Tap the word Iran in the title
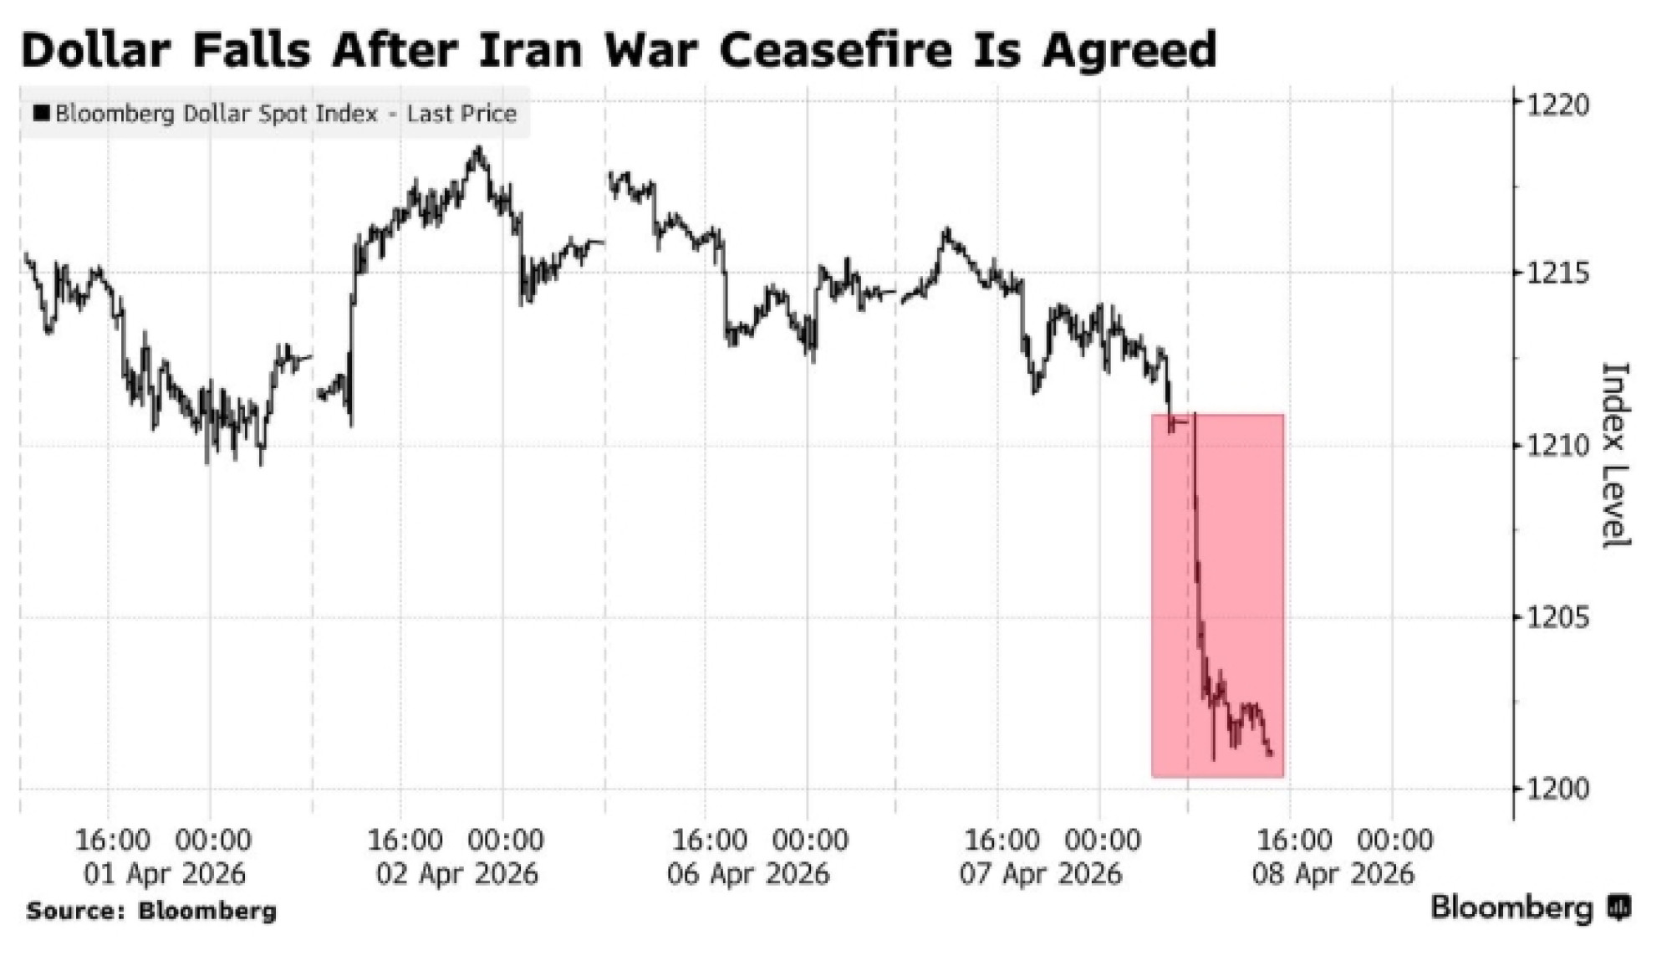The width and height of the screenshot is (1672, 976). [530, 49]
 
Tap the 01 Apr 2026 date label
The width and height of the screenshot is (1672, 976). [165, 874]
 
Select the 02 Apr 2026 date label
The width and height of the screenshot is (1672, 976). [456, 874]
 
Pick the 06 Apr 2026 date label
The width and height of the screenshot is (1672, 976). [748, 874]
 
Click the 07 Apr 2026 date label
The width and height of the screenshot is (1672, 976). [1040, 874]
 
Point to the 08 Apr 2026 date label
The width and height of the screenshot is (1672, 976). [1333, 874]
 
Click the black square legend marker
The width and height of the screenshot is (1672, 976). [41, 113]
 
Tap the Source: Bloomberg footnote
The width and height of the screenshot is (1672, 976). [151, 911]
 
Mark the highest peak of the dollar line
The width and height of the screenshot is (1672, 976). [478, 149]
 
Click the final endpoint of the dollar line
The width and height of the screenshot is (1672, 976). [1271, 754]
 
